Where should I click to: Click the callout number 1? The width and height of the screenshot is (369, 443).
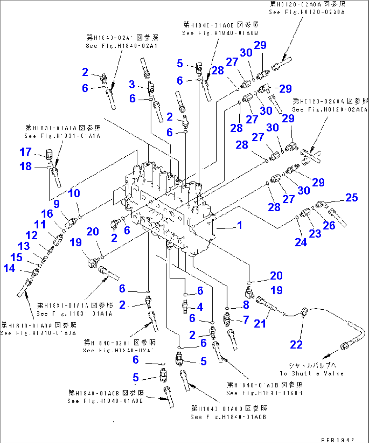click(x=240, y=225)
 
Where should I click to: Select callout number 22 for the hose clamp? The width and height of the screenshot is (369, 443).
click(x=296, y=345)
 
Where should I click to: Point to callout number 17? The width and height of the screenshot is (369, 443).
click(x=25, y=152)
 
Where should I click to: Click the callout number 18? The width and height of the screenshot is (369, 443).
click(x=25, y=167)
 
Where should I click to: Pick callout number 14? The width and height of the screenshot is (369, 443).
click(x=9, y=268)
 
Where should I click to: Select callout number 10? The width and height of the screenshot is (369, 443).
click(x=74, y=193)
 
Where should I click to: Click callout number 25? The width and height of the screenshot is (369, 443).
click(x=351, y=198)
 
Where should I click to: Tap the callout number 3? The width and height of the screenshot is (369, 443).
click(x=132, y=84)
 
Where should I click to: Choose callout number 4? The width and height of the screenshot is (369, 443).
click(x=200, y=307)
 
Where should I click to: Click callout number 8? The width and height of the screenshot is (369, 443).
click(x=246, y=305)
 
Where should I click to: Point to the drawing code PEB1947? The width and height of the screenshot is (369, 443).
click(x=337, y=440)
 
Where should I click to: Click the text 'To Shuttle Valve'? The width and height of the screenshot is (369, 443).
click(x=311, y=374)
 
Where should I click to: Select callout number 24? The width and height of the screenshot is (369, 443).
click(x=301, y=242)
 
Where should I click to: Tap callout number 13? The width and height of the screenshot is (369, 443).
click(x=24, y=246)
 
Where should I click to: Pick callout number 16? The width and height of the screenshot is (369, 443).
click(x=47, y=214)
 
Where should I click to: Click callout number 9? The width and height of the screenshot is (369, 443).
click(x=56, y=204)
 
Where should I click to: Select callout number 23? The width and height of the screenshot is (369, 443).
click(x=315, y=233)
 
